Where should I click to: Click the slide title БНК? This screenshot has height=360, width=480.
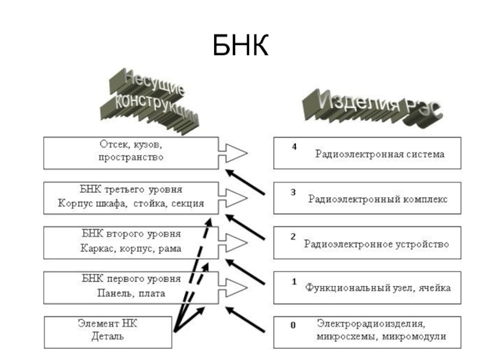[x=239, y=46]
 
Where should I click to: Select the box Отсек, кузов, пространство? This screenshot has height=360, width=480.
[x=131, y=152]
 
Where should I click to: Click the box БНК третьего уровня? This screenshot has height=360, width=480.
[x=131, y=197]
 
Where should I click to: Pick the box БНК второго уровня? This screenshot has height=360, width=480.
[x=131, y=241]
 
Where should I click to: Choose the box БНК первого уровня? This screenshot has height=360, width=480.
[x=131, y=286]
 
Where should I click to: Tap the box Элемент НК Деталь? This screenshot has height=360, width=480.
[x=108, y=331]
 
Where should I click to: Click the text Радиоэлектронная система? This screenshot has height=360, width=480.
[x=380, y=154]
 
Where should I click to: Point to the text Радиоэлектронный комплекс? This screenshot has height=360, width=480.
[x=377, y=199]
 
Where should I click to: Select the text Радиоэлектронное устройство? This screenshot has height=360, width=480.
[x=376, y=244]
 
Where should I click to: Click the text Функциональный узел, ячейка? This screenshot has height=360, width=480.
[x=378, y=288]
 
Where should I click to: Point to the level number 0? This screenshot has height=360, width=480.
[x=293, y=325]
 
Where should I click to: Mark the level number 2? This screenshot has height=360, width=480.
[x=293, y=236]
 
